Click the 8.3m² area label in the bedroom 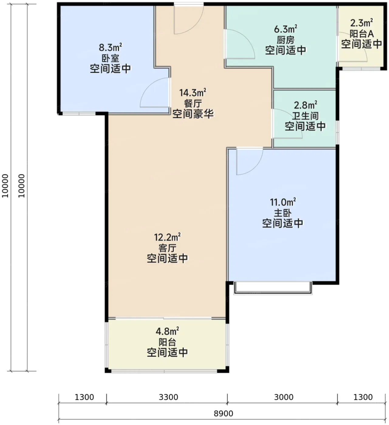point(110,47)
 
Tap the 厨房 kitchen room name point(285,40)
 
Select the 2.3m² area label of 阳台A point(361,23)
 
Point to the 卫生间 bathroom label point(305,116)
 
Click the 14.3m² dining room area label point(193,93)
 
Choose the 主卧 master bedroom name point(283,213)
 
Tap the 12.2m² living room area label point(167,237)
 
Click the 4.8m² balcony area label point(167,331)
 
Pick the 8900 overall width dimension point(223,413)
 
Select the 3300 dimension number point(169,397)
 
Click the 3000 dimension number point(284,397)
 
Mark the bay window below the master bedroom point(273,288)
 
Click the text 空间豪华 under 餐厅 point(193,114)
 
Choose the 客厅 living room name point(167,248)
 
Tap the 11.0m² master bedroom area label point(283,202)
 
